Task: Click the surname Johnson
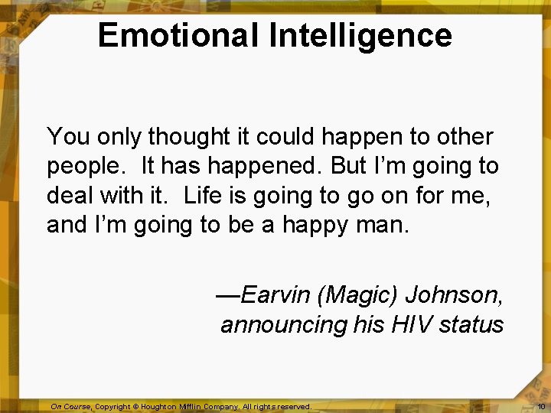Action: click(x=453, y=294)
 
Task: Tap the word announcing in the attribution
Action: click(x=284, y=324)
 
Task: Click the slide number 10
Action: click(x=541, y=407)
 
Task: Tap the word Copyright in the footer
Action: click(x=112, y=407)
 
